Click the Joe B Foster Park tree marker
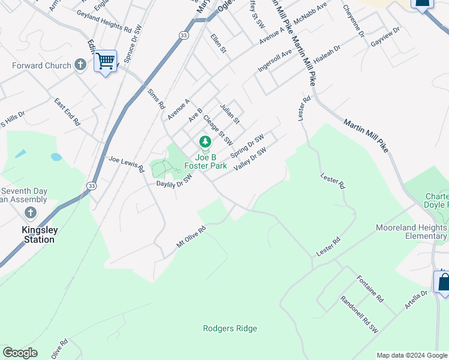tap(205, 142)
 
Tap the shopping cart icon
tap(105, 61)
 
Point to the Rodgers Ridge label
tap(230, 328)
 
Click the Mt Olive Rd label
tap(191, 236)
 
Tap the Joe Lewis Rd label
tap(127, 164)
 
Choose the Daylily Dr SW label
tap(174, 181)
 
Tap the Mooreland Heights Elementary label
tap(411, 232)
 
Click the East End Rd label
tap(67, 112)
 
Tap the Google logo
tap(20, 352)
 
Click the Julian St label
tap(229, 113)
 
